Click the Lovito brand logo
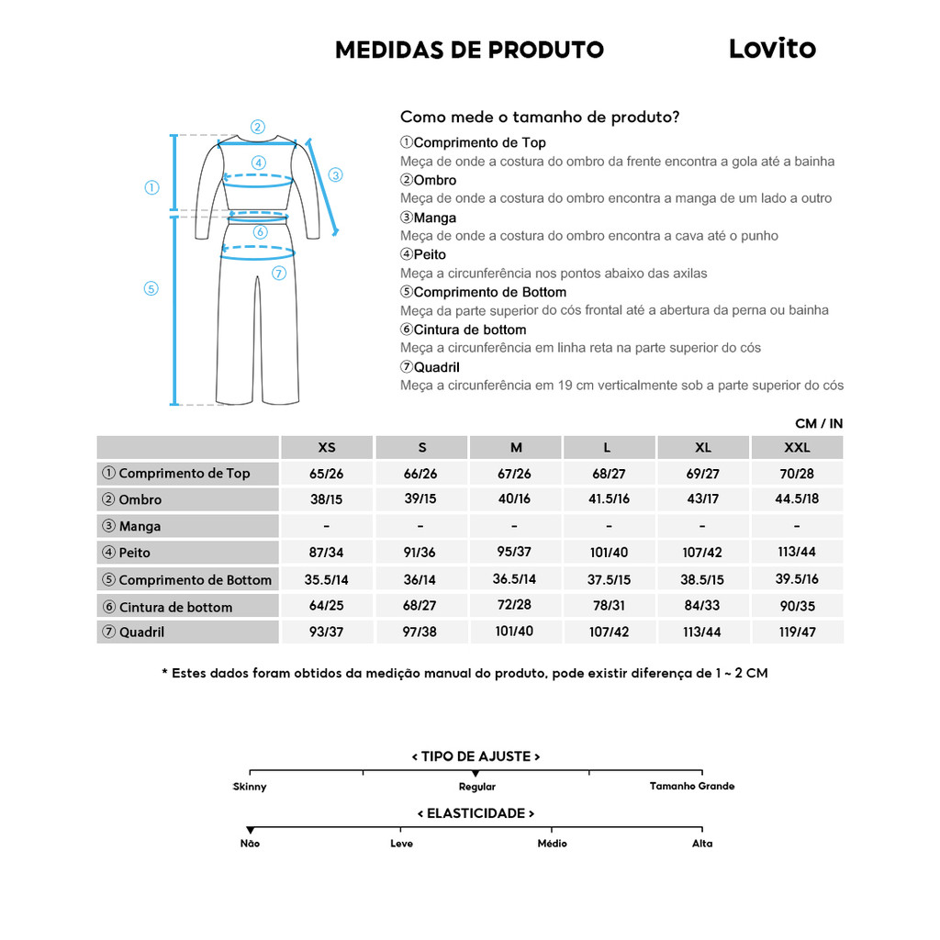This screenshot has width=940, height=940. pos(772,49)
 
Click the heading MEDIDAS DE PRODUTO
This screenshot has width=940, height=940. pos(469,50)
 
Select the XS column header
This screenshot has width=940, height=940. pos(327,448)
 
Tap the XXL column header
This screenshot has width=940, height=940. pos(796,448)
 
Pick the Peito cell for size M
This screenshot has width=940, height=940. pos(516,552)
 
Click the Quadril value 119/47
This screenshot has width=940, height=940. pos(796,632)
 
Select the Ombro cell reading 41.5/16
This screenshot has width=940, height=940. pos(609,499)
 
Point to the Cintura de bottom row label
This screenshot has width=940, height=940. pos(175,607)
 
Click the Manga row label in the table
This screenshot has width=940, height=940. pos(140,526)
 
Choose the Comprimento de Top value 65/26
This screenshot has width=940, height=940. pos(327,474)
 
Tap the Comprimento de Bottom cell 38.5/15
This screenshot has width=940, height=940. pos(702,579)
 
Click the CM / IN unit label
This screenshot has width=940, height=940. pos(819,423)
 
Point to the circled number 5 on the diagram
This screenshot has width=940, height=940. pos(151,288)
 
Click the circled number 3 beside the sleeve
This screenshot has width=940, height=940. pos(335,174)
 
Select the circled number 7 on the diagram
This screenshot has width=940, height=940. pos(279,273)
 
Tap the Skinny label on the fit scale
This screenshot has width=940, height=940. pos(250,787)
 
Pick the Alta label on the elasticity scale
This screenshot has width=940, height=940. pos(702,844)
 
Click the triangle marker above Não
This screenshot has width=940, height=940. pos(250,831)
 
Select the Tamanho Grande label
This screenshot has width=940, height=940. pos(692,787)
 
